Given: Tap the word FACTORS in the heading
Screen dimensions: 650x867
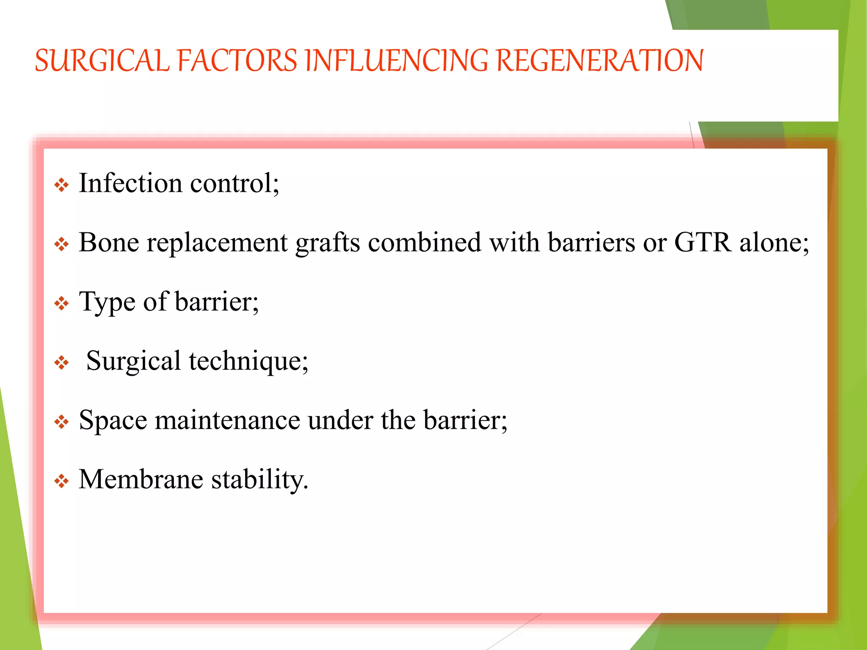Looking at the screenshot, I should pos(237,61).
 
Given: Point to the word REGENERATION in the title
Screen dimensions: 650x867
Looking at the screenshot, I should pos(599,61).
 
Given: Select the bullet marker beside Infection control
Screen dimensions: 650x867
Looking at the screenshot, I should pos(62,185).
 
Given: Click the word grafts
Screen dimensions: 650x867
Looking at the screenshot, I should pos(327,243).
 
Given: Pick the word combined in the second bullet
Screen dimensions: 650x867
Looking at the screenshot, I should pos(424,242).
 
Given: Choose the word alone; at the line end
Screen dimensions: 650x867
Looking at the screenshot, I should pos(774,242).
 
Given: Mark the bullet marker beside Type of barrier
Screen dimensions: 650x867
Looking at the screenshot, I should pos(62,303).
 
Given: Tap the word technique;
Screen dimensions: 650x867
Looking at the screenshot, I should pos(249,362).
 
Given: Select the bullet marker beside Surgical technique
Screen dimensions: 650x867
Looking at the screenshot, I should pos(62,363).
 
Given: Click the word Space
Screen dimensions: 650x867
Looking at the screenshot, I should pos(113,421).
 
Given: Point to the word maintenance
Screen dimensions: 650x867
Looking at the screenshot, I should pos(227,420).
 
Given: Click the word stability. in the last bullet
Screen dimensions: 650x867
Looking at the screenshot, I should pos(260,480).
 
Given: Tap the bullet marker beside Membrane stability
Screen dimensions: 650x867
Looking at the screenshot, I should pos(62,481).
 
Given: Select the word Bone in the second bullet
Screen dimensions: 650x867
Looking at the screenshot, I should pos(109,242).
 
